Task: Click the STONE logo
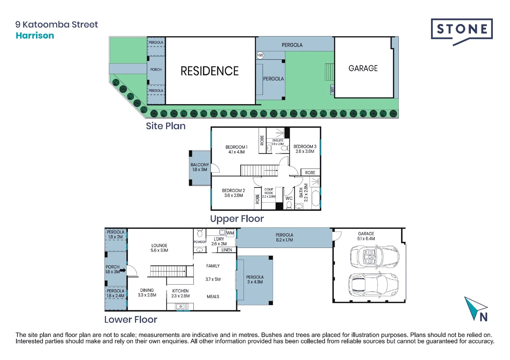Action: [x=462, y=30]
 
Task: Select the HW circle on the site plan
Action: [x=260, y=55]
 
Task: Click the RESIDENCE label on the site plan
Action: [x=209, y=71]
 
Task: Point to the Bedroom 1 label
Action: [x=236, y=147]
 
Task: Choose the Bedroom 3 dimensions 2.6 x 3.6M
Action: [x=305, y=151]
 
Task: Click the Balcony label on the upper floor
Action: [x=199, y=165]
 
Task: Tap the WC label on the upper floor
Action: [x=289, y=198]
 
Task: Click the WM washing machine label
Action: [x=230, y=233]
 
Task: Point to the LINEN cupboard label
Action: [x=226, y=250]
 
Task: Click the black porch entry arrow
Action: [x=123, y=270]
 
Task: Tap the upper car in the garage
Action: [x=374, y=256]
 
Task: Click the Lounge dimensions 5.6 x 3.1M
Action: [x=159, y=250]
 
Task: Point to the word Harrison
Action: [x=35, y=35]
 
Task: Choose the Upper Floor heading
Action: [x=237, y=219]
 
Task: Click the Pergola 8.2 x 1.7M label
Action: [x=284, y=237]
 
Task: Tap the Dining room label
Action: [x=147, y=290]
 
